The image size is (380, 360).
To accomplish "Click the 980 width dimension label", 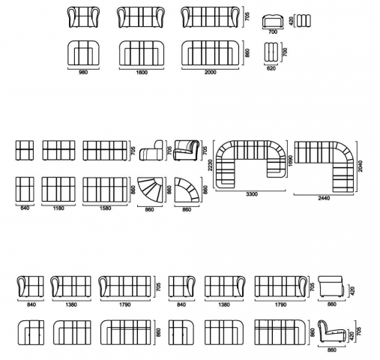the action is (x=83, y=72).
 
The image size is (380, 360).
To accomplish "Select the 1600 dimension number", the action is (x=142, y=72).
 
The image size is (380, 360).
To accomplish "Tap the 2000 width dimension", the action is (x=211, y=72).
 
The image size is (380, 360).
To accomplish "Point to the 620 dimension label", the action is (x=271, y=68).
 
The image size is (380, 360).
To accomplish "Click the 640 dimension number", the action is (x=25, y=208).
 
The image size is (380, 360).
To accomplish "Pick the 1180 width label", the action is (x=58, y=208).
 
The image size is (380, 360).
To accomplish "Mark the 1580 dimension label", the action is (x=105, y=208).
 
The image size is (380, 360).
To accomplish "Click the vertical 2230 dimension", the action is (x=210, y=165).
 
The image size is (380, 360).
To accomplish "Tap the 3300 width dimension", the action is (x=252, y=194).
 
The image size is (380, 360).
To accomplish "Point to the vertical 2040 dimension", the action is (x=360, y=166).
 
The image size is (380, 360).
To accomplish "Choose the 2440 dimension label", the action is (x=324, y=198).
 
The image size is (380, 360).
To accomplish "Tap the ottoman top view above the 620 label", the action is (x=271, y=52).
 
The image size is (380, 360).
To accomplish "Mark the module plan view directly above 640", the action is (x=25, y=190).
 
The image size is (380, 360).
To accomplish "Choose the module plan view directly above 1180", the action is (x=58, y=190).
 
